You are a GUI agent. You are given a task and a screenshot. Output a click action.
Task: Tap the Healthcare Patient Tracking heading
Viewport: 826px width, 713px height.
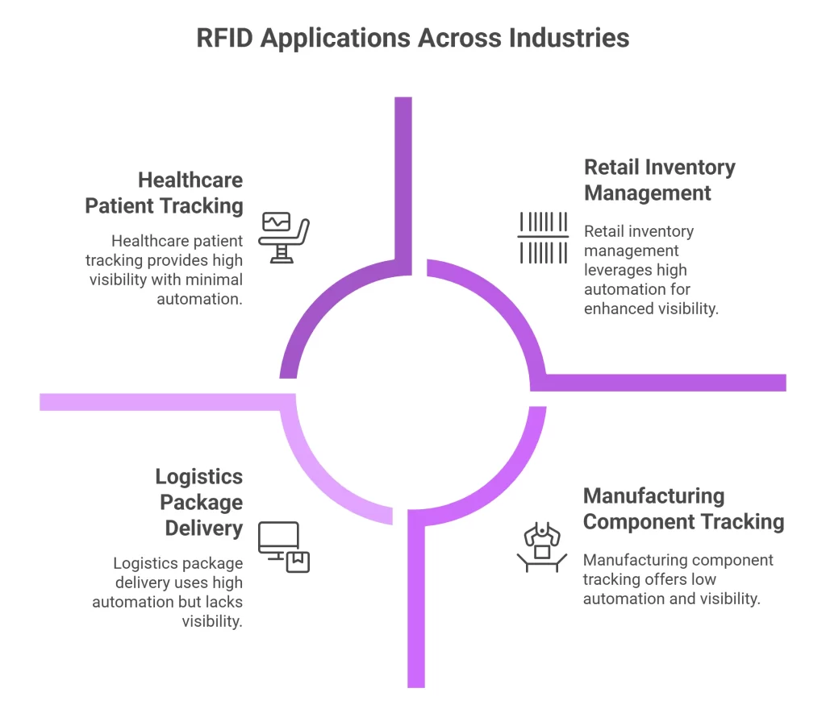pos(164,193)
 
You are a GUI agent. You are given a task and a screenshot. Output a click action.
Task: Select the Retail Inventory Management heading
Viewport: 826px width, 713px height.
pos(659,180)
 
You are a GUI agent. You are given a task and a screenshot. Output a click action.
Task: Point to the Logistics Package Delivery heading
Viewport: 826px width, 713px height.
pos(198,503)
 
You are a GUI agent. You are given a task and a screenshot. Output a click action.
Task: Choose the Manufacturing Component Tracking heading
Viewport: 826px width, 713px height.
pos(683,508)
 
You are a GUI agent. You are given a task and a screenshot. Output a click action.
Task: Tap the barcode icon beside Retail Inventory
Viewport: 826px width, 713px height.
pos(543,238)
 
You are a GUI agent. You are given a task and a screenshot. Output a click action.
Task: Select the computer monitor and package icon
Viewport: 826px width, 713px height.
pos(284,547)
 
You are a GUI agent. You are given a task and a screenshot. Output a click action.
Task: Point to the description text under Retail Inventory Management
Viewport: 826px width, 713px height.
pos(650,270)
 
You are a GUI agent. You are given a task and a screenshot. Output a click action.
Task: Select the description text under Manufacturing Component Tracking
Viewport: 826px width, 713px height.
pos(678,578)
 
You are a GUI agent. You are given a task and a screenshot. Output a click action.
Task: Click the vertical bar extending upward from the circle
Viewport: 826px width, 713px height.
pos(403,177)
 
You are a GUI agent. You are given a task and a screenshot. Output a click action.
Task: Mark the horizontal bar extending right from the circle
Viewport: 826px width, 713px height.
pos(670,383)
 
